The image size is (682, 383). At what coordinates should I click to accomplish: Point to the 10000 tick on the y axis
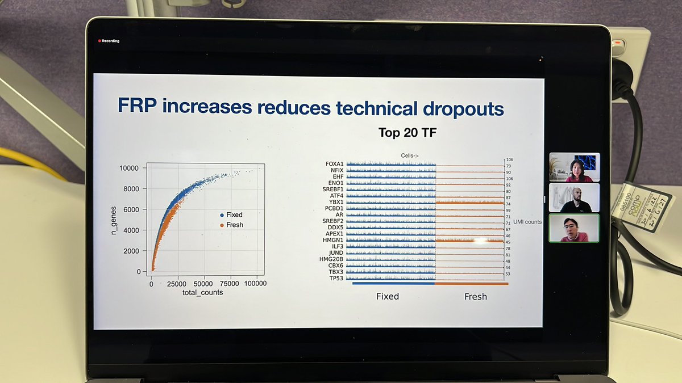tap(129, 168)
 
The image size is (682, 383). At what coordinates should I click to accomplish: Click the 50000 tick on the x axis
tap(203, 283)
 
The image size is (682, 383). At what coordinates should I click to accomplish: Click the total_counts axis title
tap(203, 292)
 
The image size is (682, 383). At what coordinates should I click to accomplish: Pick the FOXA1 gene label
tap(334, 163)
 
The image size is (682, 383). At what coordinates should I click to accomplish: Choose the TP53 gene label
tap(335, 279)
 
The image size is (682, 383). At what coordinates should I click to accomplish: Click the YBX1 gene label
tap(335, 202)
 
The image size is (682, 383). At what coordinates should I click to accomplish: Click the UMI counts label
tap(527, 221)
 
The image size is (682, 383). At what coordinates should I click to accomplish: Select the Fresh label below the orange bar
tap(475, 296)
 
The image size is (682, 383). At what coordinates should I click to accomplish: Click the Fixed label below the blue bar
tap(388, 296)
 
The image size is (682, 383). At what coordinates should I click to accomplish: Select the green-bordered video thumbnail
tap(574, 228)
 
